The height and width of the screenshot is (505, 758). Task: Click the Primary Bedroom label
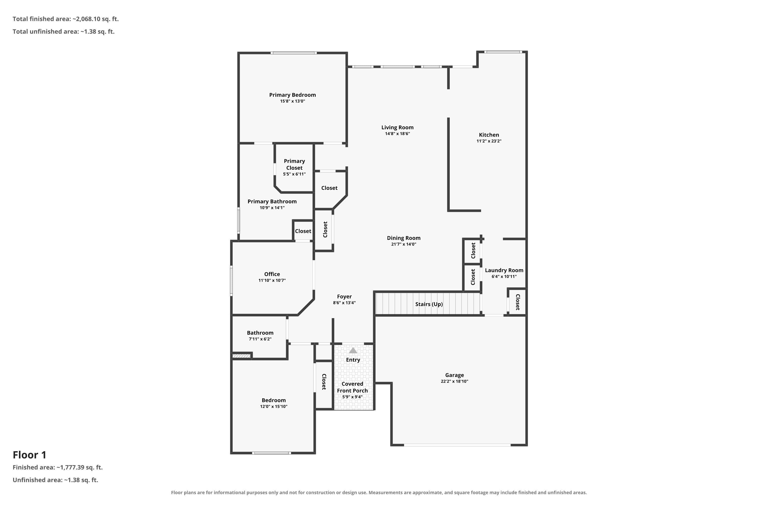292,95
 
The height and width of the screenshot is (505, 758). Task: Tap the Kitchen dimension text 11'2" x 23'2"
489,141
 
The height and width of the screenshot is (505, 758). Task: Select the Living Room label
397,128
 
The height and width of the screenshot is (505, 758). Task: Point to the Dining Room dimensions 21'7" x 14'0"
404,244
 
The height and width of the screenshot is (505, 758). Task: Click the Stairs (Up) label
429,304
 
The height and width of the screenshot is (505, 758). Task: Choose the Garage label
454,375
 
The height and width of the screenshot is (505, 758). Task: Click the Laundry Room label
504,270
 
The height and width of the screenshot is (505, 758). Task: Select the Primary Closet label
294,164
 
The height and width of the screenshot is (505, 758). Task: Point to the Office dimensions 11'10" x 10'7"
272,280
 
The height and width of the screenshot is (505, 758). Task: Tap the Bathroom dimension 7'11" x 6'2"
260,339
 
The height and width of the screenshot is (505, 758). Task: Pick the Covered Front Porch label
352,387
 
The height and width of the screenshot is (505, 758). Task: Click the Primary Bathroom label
272,201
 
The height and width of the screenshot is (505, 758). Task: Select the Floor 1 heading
30,455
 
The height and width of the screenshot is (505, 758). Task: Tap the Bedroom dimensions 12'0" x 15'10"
274,407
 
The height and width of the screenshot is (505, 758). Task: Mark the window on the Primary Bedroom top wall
294,53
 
